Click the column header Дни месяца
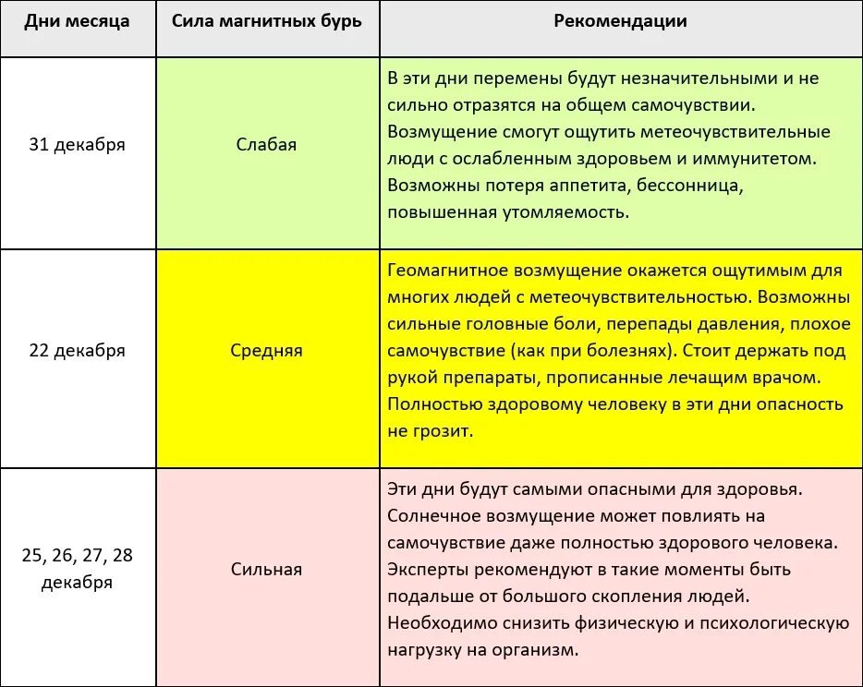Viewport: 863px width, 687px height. [x=77, y=21]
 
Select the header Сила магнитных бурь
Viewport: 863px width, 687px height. [x=266, y=21]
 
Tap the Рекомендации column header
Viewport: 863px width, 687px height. [x=620, y=21]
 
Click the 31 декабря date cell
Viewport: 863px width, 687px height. [x=77, y=144]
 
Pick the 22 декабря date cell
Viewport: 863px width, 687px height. [x=77, y=351]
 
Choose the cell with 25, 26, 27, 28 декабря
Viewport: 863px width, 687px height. [x=77, y=569]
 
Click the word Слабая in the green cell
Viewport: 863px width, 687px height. [x=266, y=144]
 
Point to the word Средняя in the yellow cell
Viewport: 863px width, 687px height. [x=266, y=351]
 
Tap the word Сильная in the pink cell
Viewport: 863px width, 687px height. [x=266, y=569]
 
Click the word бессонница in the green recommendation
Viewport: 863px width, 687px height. [x=693, y=186]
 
